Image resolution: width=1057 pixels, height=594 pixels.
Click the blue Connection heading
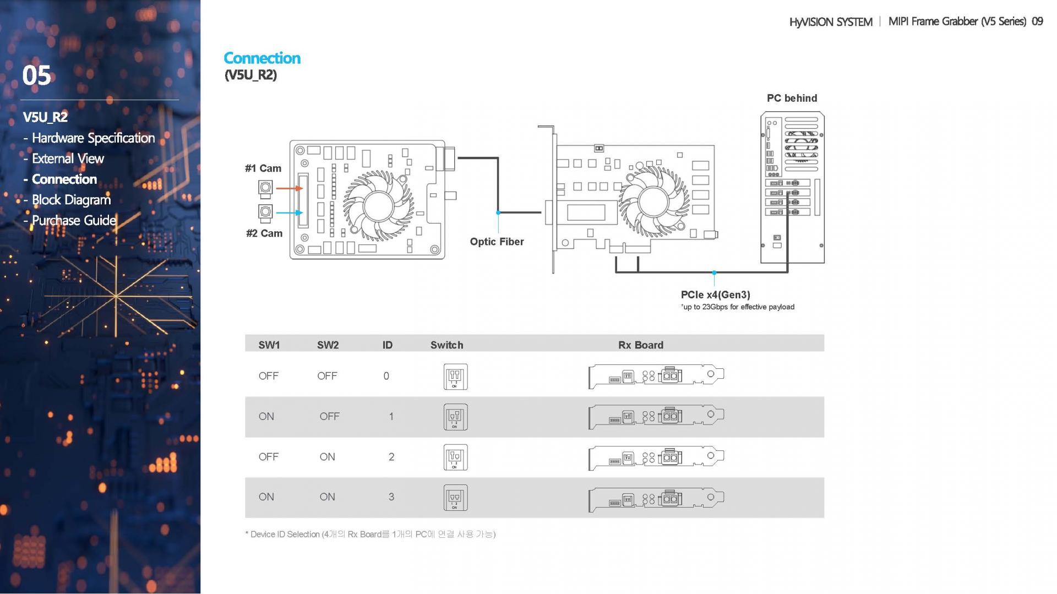click(x=262, y=58)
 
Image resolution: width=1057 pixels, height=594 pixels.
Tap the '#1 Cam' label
click(x=263, y=168)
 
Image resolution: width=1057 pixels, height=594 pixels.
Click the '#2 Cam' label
click(x=264, y=233)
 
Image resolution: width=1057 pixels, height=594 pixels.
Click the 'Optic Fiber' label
click(x=497, y=242)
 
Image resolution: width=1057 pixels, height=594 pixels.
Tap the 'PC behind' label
click(x=792, y=98)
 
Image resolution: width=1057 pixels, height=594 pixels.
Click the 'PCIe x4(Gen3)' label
click(x=716, y=295)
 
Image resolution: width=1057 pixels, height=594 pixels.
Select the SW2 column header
click(x=328, y=345)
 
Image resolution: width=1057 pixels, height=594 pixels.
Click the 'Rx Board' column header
click(x=641, y=345)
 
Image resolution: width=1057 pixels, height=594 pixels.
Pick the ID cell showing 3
click(x=391, y=497)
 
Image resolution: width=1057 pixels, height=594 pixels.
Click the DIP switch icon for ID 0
click(x=456, y=377)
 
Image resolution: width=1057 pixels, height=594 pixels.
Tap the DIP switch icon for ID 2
click(x=456, y=457)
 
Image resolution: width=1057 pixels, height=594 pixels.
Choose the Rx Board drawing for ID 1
click(x=656, y=417)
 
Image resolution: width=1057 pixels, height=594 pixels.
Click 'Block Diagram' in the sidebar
click(x=71, y=200)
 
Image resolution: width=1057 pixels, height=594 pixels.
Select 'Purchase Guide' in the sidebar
click(x=74, y=220)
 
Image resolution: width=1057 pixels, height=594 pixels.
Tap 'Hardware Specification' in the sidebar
click(x=94, y=138)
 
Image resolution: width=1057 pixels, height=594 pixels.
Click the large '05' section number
click(x=37, y=75)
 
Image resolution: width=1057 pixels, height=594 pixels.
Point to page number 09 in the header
click(x=1037, y=21)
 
